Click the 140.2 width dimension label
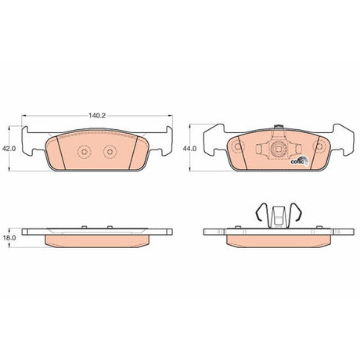(97, 116)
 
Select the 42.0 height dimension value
(9, 149)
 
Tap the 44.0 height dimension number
(189, 149)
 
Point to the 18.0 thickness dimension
(9, 238)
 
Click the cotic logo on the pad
(299, 161)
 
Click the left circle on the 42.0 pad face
(85, 152)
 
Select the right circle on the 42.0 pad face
(110, 152)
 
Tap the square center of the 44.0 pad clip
(279, 149)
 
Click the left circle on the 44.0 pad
(238, 146)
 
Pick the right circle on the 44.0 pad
(319, 146)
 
